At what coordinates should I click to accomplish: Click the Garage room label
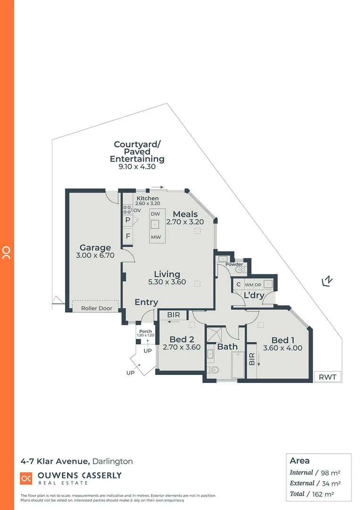(95, 247)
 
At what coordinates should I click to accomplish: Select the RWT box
(327, 377)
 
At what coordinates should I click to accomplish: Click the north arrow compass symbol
(327, 281)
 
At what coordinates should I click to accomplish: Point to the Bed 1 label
(283, 340)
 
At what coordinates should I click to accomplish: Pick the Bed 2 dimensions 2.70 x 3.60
(182, 347)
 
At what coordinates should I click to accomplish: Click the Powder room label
(234, 264)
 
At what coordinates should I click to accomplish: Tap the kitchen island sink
(156, 225)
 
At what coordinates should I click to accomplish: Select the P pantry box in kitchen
(128, 220)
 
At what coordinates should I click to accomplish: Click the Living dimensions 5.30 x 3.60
(167, 282)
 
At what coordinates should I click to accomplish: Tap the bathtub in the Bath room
(238, 365)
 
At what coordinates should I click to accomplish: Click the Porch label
(146, 331)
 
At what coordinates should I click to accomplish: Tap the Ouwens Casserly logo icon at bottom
(26, 478)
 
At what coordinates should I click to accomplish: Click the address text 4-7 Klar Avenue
(55, 461)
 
